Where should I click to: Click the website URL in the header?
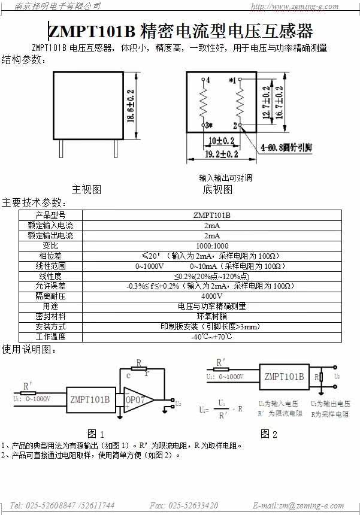point(303,7)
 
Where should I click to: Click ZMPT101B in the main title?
point(92,31)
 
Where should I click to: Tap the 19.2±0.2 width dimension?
point(213,154)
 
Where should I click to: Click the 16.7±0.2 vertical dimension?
point(279,103)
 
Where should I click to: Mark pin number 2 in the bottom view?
point(235,125)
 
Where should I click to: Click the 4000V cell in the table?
point(211,296)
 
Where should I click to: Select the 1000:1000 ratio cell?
point(211,246)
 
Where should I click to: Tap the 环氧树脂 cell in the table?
point(211,316)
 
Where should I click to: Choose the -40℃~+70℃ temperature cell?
point(211,337)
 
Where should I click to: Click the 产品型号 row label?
point(50,215)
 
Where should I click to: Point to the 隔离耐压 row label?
point(50,296)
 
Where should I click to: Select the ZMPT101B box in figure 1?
point(90,399)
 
